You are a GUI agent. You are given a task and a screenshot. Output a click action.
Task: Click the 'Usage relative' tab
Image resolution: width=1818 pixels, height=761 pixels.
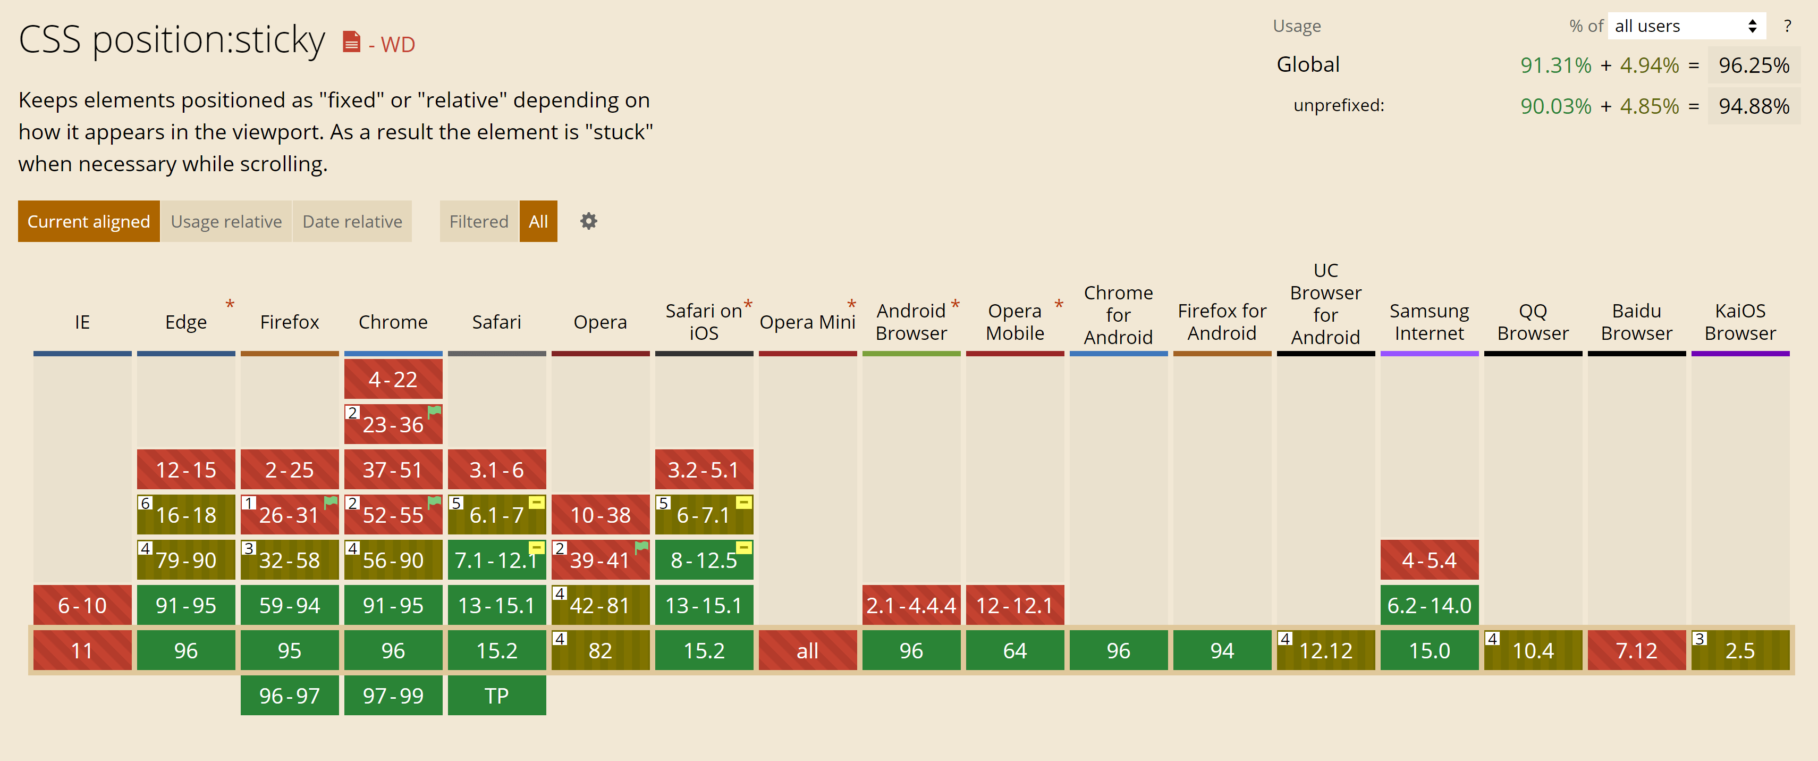click(226, 222)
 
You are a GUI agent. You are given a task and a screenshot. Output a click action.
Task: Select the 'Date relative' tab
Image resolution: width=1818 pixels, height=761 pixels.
click(352, 222)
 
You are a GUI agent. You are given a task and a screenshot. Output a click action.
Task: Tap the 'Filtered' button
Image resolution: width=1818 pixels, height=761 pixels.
click(478, 222)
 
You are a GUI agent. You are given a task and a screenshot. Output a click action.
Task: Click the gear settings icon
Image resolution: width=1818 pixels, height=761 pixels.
click(589, 222)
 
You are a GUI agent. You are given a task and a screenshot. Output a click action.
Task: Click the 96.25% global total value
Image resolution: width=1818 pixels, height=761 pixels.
click(1754, 65)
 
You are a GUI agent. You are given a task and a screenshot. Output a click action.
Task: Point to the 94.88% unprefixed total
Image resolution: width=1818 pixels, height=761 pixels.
click(1754, 106)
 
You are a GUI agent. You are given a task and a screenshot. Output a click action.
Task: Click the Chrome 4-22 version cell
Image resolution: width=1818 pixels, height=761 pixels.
click(393, 380)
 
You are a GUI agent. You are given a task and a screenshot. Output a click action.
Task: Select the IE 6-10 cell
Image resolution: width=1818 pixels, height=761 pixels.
click(82, 606)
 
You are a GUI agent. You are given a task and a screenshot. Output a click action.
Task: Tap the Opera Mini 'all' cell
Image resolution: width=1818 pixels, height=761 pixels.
click(807, 651)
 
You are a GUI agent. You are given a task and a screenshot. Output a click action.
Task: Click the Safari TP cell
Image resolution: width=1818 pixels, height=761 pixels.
click(497, 696)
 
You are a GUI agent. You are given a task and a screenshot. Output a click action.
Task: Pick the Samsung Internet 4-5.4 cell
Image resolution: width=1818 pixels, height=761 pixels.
click(1429, 561)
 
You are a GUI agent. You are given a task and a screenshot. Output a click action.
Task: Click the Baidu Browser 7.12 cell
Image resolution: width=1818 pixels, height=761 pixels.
click(1637, 651)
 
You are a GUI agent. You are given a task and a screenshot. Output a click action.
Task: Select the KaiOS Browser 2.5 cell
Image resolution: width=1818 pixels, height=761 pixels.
click(1740, 651)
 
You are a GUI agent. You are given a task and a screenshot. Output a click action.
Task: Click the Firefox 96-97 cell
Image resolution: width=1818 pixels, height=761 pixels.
click(289, 696)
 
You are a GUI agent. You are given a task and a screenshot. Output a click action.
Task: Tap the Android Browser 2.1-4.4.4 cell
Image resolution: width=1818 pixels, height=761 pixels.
click(911, 606)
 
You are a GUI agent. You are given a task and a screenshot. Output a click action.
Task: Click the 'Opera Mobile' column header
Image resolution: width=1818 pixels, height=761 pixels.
click(1015, 322)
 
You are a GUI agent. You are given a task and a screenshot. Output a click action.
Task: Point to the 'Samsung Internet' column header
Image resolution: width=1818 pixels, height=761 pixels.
click(1429, 322)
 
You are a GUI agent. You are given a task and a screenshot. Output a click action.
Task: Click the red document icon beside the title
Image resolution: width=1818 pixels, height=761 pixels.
click(351, 43)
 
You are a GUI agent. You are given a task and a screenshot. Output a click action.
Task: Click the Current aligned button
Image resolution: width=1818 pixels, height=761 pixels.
click(89, 222)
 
